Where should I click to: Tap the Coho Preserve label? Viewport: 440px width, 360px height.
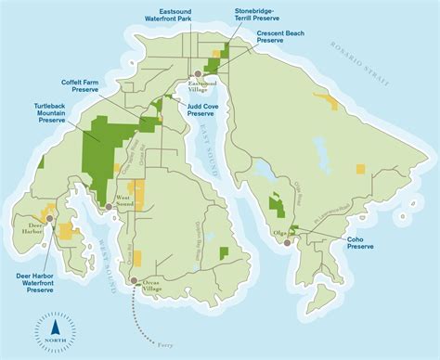[x=360, y=243]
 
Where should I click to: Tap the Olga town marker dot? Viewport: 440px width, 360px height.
[x=288, y=243]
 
